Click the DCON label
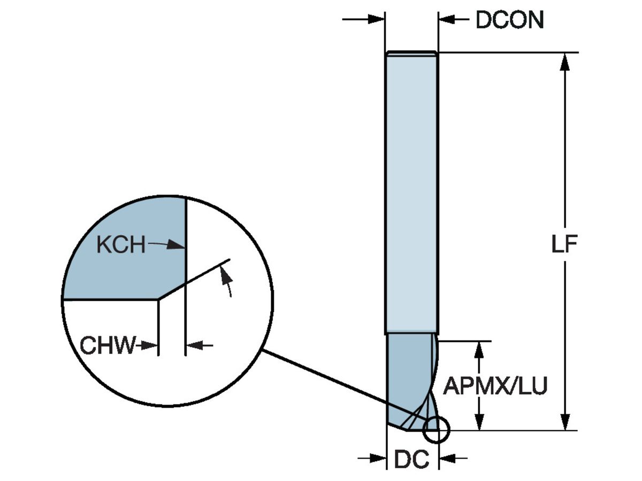coord(509,20)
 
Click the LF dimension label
coord(565,244)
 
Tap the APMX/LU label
coord(495,386)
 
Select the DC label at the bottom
coord(412,459)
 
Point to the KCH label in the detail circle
coord(121,245)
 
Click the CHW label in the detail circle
coord(108,346)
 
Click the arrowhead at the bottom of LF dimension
coord(565,422)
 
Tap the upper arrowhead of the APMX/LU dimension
coord(480,348)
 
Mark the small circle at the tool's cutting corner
coord(436,429)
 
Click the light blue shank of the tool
coord(411,192)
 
